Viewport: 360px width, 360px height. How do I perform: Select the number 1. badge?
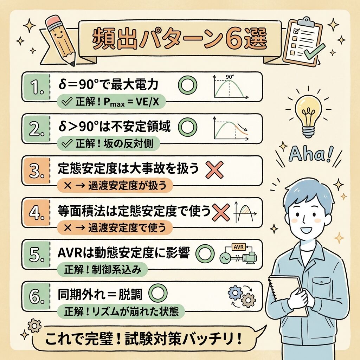tap(36, 87)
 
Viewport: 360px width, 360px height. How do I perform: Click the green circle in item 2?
tap(188, 127)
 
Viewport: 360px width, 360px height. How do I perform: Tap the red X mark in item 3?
tap(214, 170)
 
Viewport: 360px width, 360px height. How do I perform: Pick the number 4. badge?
tap(36, 213)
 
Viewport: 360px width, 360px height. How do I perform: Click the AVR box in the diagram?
tap(239, 247)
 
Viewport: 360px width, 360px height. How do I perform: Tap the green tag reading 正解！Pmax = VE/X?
tap(111, 102)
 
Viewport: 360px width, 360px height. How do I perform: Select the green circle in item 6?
tap(158, 293)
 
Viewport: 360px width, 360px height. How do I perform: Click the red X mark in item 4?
tap(221, 212)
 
